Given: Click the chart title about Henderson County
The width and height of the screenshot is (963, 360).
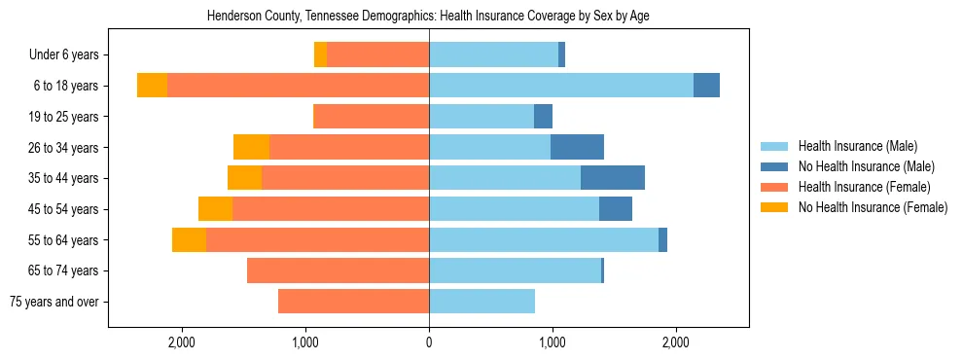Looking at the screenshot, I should [429, 17].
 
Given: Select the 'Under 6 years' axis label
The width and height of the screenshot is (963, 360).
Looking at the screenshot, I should [70, 55].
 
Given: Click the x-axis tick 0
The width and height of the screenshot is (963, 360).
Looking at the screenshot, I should [429, 342].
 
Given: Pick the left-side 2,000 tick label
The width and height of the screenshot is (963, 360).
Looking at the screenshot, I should [182, 342].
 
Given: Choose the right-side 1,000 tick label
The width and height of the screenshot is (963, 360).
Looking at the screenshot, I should [553, 342].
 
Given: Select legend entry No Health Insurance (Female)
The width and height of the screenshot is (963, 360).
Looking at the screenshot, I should [873, 207].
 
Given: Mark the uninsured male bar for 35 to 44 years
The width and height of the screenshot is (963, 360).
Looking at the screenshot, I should [613, 178].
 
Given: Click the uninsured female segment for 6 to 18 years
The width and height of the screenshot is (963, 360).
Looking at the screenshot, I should [152, 86].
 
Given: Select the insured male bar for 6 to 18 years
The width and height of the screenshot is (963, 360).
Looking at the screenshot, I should [561, 86].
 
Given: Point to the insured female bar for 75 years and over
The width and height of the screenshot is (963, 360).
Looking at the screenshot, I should [353, 302].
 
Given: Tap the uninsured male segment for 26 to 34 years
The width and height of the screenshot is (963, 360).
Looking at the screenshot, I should [577, 148].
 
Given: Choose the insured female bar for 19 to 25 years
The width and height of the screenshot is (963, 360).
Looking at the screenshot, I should [372, 117].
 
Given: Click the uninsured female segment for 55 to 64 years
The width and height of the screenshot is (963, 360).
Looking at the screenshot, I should [189, 240].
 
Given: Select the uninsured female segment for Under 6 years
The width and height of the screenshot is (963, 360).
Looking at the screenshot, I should [320, 55].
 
